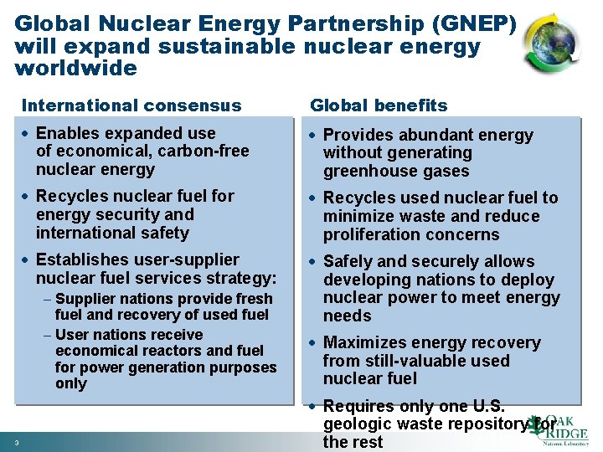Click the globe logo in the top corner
(550, 42)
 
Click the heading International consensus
(131, 105)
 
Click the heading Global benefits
(379, 105)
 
